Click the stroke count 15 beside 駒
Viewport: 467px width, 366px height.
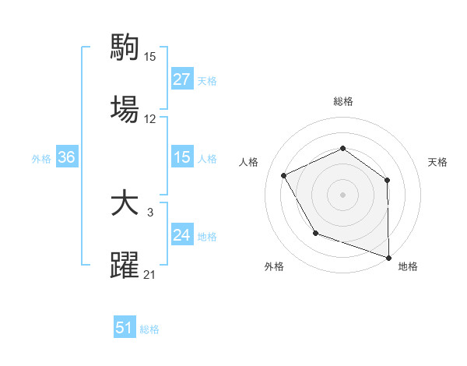(150, 57)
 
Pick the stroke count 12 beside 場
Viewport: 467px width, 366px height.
(150, 118)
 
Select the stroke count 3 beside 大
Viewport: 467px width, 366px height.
(150, 213)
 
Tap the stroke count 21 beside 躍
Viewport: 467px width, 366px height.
(150, 274)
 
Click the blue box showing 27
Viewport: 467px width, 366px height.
(181, 79)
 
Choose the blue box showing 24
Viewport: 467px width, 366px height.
(181, 235)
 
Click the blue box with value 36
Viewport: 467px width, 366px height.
(67, 157)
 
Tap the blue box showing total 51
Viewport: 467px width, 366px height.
(125, 328)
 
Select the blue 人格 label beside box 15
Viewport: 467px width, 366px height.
(207, 159)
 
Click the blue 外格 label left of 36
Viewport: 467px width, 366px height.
(41, 159)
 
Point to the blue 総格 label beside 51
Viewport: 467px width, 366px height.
(149, 329)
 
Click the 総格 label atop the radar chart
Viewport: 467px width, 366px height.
(342, 101)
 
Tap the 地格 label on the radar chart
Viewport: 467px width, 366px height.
(408, 266)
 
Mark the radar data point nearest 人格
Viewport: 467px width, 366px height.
(284, 176)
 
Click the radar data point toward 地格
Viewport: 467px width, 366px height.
(389, 257)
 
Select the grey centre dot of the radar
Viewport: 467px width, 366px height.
(342, 195)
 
